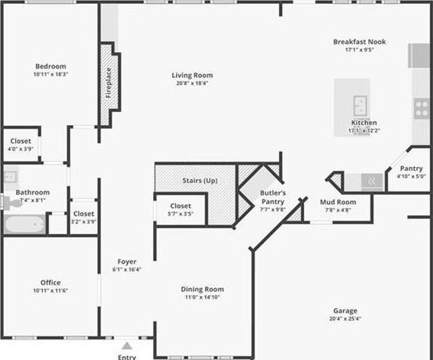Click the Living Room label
tap(192, 76)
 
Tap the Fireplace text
tap(108, 82)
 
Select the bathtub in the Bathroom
tap(24, 224)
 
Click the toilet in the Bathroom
tap(12, 201)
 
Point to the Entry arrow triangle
tap(127, 346)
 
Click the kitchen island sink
tap(360, 105)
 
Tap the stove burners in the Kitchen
tap(422, 108)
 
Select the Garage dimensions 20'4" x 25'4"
tap(345, 319)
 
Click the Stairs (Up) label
tap(200, 181)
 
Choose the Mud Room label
tap(338, 202)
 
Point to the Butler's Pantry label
tap(273, 197)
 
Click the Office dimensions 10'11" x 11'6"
tap(50, 291)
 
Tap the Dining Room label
tap(203, 289)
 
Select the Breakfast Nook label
tap(360, 42)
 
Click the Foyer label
tap(127, 262)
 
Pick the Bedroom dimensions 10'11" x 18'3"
tap(51, 74)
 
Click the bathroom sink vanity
tap(11, 177)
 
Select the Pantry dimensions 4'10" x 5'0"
tap(411, 176)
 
